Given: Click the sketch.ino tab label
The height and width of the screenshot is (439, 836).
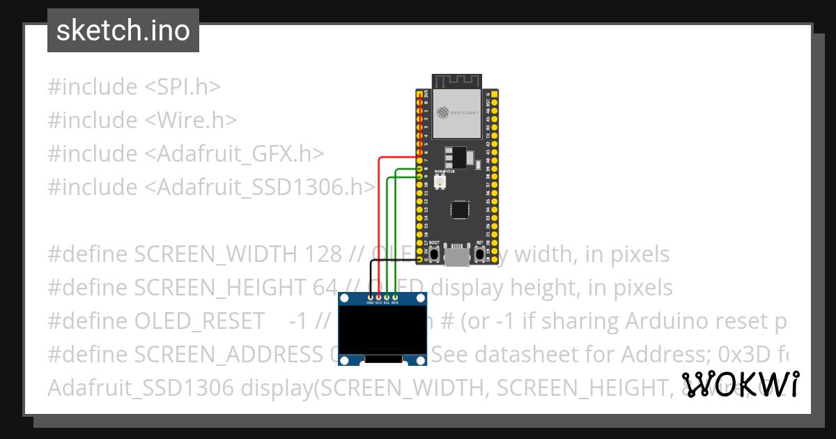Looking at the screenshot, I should [123, 31].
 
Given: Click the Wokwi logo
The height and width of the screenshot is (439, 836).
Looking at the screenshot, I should [740, 385].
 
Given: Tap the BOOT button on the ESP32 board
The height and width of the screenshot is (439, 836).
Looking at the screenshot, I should [434, 255].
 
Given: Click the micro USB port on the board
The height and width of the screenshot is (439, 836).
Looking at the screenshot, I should [457, 257].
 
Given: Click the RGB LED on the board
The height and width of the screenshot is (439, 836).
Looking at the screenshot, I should [440, 182].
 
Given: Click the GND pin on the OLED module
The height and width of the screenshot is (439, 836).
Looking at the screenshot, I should [370, 298].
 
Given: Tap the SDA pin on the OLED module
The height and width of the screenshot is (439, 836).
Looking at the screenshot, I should [395, 298].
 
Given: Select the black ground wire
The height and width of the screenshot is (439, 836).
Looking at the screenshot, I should [370, 275].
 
